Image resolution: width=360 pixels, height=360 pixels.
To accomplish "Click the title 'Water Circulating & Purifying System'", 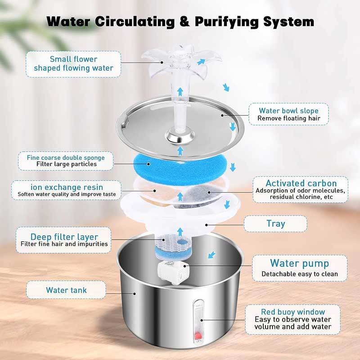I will pyautogui.click(x=180, y=21).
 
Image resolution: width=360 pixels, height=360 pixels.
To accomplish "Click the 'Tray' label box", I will pyautogui.click(x=275, y=223).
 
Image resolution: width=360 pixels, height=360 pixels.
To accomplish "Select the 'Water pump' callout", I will pyautogui.click(x=299, y=268).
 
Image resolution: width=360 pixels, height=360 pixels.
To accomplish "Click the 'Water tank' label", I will pyautogui.click(x=66, y=290).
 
